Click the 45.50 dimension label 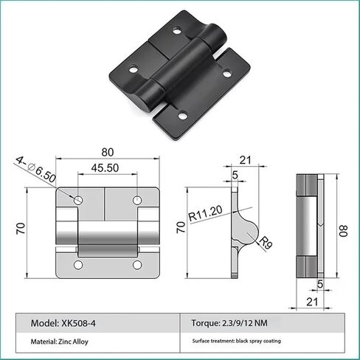coord(105,167)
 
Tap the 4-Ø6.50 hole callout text coord(36,169)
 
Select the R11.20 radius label coord(205,213)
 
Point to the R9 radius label coord(266,243)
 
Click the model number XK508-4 coord(78,323)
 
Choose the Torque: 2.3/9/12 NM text coord(229,322)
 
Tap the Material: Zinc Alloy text coord(59,342)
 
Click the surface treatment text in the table coord(236,341)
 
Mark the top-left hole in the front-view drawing coord(78,200)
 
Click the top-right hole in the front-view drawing coord(137,200)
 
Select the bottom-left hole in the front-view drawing coord(78,265)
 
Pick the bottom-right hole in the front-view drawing coord(137,265)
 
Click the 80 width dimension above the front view coord(108,153)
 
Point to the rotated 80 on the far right coord(344,231)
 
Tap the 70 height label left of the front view coord(21,229)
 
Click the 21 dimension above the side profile coord(246,160)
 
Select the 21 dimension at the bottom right coord(312,302)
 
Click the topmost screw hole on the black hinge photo coord(177,31)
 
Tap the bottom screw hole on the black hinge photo coord(182,115)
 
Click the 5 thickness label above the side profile coord(235,175)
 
